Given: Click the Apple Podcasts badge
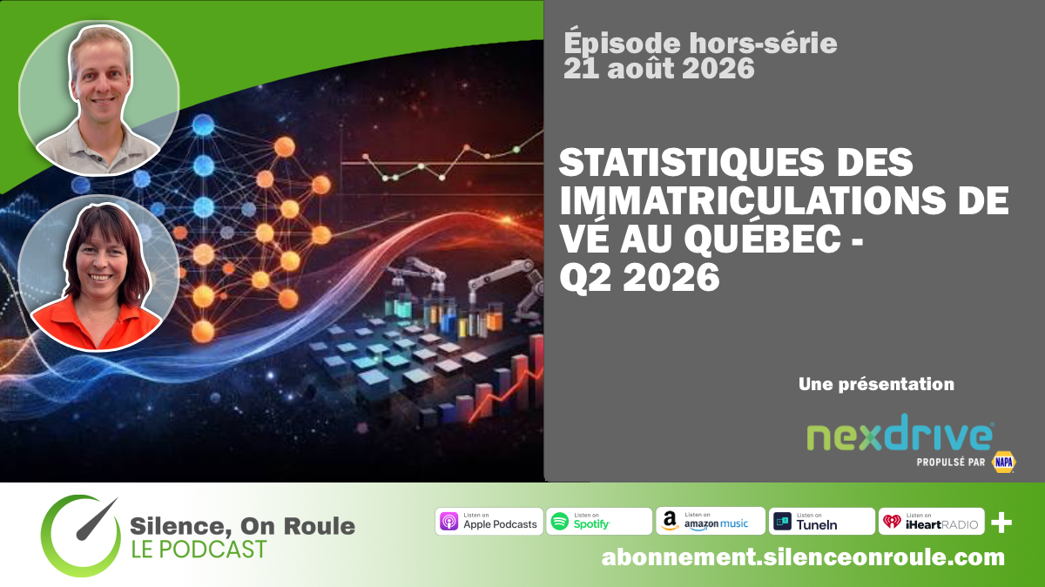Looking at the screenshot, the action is coord(489,521).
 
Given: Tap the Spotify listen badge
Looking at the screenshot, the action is coord(599,521).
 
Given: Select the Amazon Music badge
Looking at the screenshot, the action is coord(711,521).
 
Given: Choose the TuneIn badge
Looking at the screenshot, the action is coord(821,521).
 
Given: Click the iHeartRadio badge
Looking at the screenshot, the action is coord(932,521).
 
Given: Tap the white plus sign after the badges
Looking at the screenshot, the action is coord(1001,523).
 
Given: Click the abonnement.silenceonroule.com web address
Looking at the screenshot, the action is coord(803,557).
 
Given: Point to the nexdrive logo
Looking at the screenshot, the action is coord(900,433).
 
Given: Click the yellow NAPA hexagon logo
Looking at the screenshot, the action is coord(1004,462).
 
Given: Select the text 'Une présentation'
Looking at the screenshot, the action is coord(876,384).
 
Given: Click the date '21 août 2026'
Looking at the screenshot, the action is coord(658,69).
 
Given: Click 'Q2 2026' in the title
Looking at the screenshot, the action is coord(639,278).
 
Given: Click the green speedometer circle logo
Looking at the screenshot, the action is coord(80,536).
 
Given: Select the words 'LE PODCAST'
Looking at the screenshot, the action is coord(199,550).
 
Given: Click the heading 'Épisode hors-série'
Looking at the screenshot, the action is coord(700,43).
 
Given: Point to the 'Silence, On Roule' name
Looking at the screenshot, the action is coord(242,526).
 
